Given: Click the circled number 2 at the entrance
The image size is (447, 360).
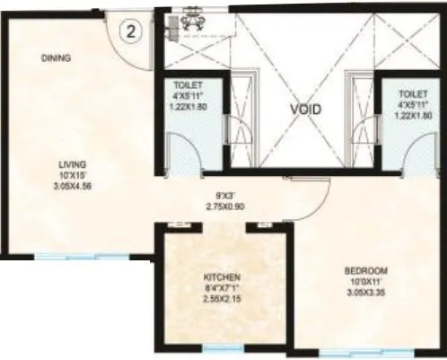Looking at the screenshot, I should click(x=130, y=31).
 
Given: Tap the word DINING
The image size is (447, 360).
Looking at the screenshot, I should click(x=56, y=59).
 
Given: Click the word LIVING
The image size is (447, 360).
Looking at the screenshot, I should click(x=72, y=164).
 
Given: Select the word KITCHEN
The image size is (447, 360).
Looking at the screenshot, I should click(x=221, y=277).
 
